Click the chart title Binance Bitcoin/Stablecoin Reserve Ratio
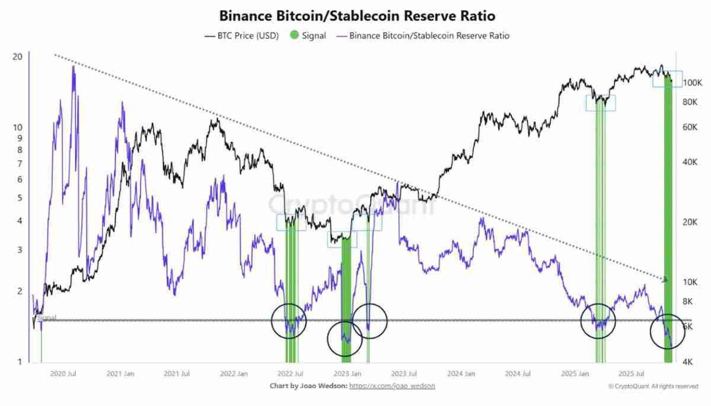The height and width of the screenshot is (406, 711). click(357, 15)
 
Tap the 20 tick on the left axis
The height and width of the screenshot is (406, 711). click(18, 57)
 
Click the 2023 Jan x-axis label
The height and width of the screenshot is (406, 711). click(348, 374)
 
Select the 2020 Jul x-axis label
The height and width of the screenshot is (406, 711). click(63, 374)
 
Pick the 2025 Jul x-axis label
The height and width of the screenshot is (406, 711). click(631, 374)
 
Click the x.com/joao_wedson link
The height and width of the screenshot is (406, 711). click(392, 386)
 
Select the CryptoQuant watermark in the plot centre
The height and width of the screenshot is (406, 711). click(353, 205)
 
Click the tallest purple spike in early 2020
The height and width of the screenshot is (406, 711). click(73, 67)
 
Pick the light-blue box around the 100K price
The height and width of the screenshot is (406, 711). click(667, 79)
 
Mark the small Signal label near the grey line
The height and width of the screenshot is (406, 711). click(47, 318)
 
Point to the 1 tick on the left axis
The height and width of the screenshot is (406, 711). click(20, 362)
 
